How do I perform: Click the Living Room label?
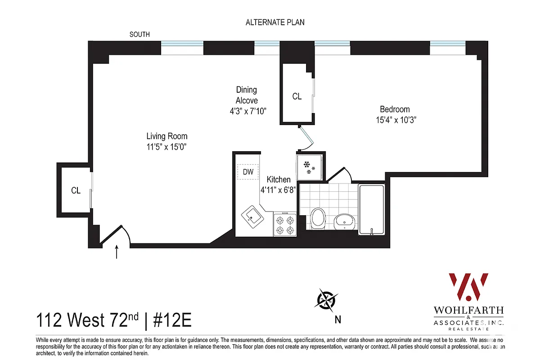coord(167,136)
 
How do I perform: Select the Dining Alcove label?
coord(247,95)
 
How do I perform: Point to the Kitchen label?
coord(279,180)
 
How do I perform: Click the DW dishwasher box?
coord(248,172)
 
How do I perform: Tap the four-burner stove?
coord(284,225)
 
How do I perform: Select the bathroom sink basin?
coord(345,221)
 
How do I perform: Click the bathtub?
coord(371,209)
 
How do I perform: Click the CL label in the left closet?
coord(76,190)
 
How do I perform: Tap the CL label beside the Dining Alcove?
coord(297,96)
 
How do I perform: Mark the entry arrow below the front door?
coord(117,252)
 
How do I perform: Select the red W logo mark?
coord(468,287)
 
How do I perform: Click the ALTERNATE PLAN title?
coord(275,22)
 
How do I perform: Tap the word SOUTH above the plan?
coord(139,35)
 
